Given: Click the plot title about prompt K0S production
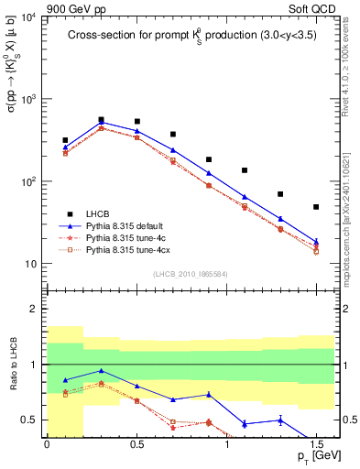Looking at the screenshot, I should coord(191,35).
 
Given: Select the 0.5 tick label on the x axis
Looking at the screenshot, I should coord(136,443).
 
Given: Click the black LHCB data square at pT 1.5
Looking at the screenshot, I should coord(316,207).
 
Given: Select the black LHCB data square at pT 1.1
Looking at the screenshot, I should coord(245,170).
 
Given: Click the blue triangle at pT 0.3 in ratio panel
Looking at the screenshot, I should coord(101,371).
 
